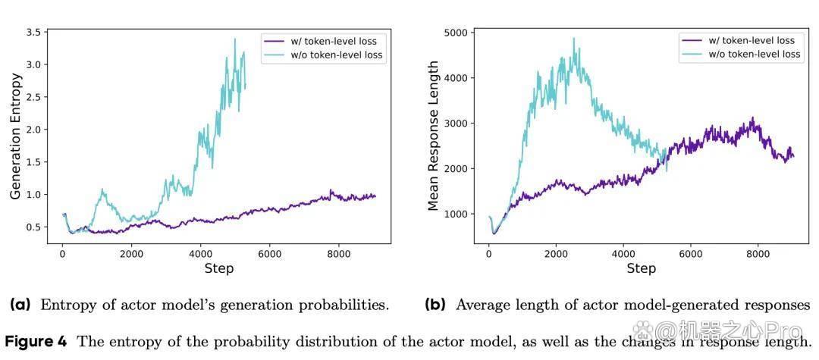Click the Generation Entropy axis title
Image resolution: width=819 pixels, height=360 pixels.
click(16, 136)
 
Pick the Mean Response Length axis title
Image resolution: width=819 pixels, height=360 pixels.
click(433, 136)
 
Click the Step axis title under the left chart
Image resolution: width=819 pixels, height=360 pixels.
click(219, 269)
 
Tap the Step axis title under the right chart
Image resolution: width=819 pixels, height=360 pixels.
click(640, 269)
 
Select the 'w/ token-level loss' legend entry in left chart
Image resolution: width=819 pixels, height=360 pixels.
click(320, 41)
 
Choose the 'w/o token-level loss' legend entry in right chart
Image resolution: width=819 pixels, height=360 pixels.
click(741, 54)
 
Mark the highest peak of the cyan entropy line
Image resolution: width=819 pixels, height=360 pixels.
click(235, 39)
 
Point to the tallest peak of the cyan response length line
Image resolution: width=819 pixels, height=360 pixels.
click(573, 38)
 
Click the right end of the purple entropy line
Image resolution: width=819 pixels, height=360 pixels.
click(375, 196)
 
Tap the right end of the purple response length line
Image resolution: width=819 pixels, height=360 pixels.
click(793, 156)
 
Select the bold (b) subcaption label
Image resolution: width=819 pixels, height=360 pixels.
click(436, 305)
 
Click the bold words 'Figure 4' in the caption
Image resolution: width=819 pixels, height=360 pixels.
click(36, 343)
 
